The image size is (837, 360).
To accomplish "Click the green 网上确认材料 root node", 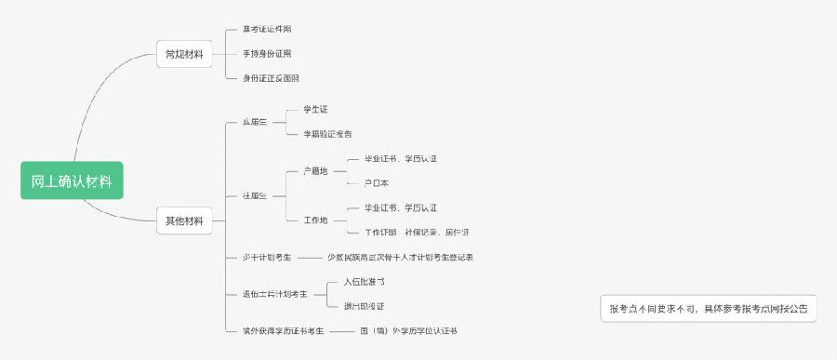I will coord(72,180).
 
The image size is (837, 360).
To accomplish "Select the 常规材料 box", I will coord(183,54).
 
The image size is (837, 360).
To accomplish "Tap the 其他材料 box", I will coord(183,221).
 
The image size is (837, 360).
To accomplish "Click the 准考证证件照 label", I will coord(266,30).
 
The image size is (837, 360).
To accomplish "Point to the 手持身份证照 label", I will coord(266,54).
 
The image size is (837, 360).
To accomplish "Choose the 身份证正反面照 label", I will coord(271,78).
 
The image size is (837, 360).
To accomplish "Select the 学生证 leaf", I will coord(314,110).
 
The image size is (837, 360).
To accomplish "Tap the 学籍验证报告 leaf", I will coord(327,134).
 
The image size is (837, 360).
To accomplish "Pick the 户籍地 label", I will coord(315,171).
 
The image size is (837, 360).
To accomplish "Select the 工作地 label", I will coord(315,220).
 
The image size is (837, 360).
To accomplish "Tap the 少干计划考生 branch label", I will coord(267,257).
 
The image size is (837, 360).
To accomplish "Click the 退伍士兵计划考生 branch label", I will coord(274,293).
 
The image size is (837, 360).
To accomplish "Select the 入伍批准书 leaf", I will coord(357,281).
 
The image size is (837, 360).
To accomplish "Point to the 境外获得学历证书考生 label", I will coord(283,330).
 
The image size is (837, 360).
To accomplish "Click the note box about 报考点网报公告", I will coord(709,308).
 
